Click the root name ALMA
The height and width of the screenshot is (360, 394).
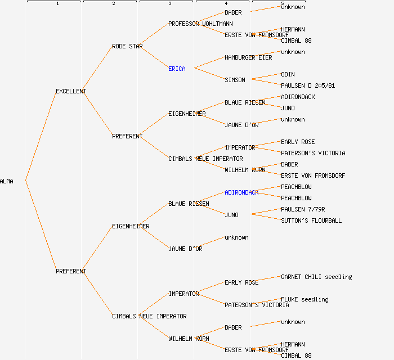coord(7,181)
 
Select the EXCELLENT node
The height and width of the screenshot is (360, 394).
coord(71,91)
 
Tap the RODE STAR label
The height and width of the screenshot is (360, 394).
coord(127,46)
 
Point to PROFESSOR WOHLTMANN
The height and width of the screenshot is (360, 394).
coord(200,24)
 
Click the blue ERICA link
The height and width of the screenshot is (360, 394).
coord(177,69)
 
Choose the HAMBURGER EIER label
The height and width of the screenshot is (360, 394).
coord(248,57)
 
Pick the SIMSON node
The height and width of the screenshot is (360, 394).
coord(235,80)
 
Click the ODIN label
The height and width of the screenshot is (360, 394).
coord(288,74)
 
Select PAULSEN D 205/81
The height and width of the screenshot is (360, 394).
coord(308,85)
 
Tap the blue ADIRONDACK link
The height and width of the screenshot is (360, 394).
coord(241,192)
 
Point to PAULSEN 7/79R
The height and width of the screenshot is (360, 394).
coord(303,209)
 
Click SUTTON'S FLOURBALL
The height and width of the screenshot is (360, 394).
coord(311,220)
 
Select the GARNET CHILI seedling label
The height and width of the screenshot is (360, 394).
coord(316,277)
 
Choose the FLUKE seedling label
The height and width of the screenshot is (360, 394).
coord(305,299)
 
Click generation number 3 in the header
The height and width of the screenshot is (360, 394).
coord(169,4)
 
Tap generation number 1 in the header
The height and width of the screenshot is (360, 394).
coord(57,4)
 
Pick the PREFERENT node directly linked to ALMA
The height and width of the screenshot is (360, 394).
coord(71,271)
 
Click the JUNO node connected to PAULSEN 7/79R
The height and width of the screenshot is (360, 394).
coord(231,215)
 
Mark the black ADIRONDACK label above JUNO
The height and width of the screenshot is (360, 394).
coord(298,97)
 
